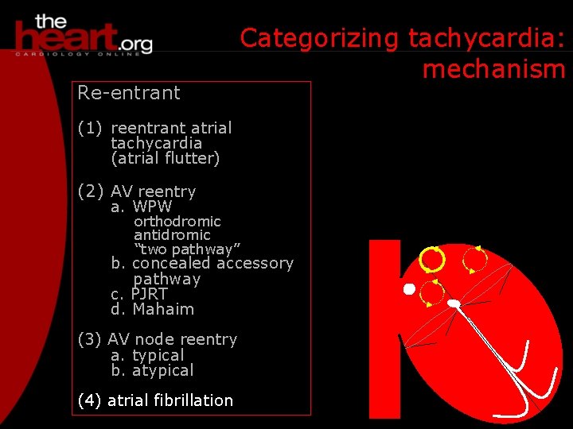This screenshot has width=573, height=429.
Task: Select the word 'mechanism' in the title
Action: [493, 69]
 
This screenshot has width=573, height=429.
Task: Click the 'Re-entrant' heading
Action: [129, 93]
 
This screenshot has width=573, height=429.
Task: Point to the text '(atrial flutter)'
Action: [166, 158]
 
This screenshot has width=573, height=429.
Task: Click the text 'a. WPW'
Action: [142, 207]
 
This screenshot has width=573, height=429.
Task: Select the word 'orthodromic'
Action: [177, 221]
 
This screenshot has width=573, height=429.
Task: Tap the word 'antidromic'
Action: [172, 235]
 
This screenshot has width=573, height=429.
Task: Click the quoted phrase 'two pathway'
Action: [187, 249]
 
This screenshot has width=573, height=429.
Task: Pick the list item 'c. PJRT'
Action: [139, 294]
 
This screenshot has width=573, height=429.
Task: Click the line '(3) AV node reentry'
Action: [158, 339]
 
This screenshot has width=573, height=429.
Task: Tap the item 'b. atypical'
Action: [152, 370]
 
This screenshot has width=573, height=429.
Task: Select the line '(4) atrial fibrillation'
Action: [155, 400]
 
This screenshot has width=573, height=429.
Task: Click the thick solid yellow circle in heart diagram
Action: [432, 259]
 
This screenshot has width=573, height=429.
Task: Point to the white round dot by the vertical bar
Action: [409, 289]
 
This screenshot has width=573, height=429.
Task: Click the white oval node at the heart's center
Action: [454, 303]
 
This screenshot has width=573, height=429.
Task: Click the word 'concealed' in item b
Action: [170, 263]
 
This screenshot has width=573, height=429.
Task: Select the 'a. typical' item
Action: [147, 355]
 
